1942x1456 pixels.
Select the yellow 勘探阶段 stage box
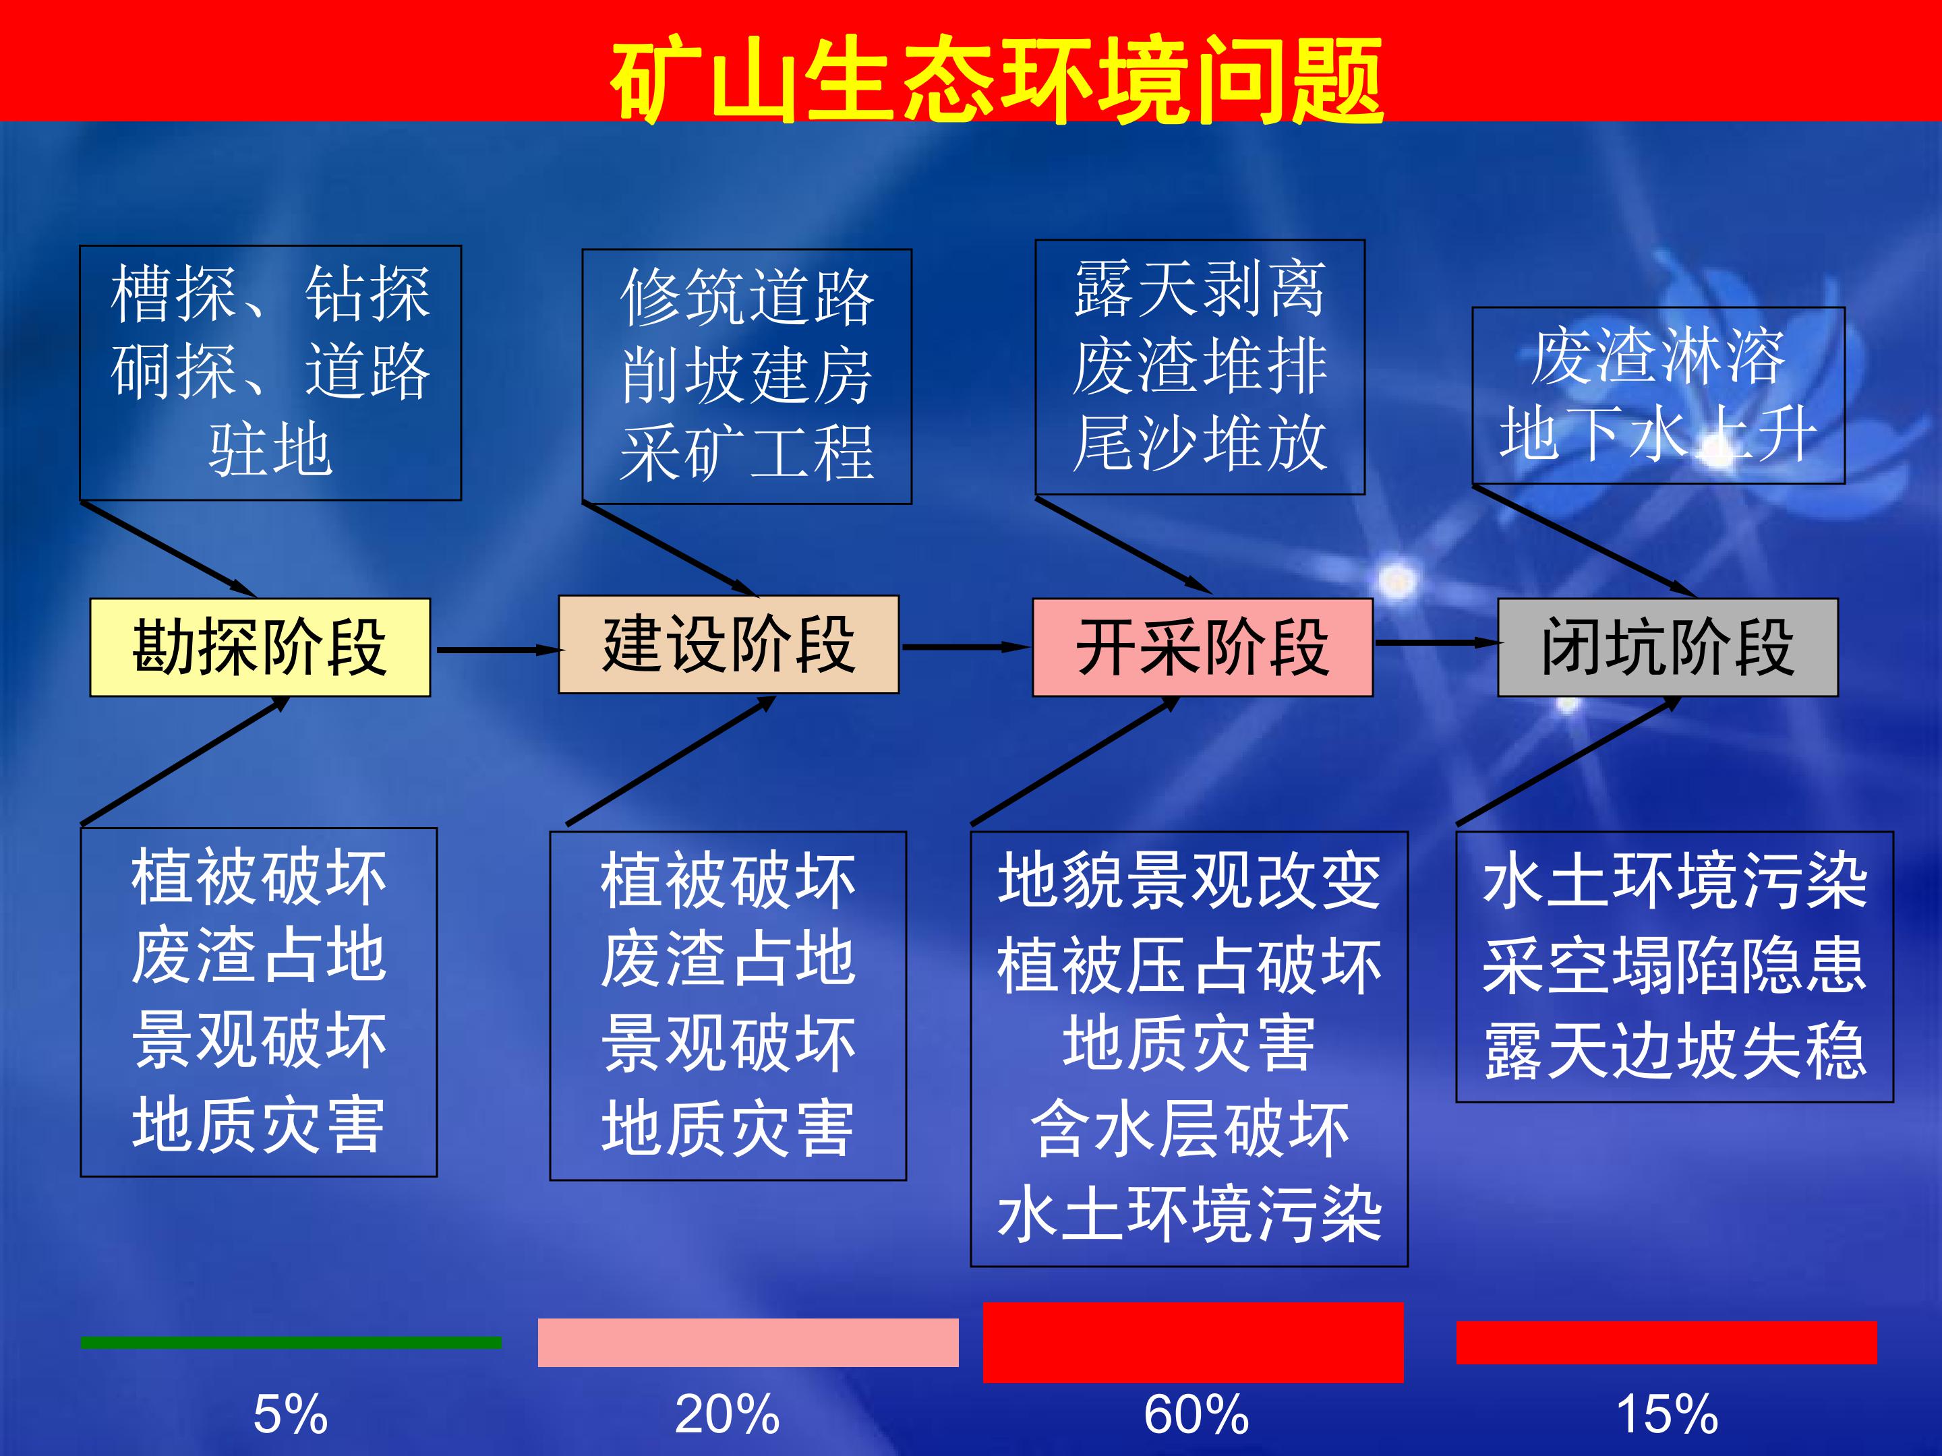click(260, 648)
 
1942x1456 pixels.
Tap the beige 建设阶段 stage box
click(729, 645)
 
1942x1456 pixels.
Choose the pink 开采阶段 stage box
click(1203, 648)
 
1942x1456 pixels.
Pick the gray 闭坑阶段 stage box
click(1668, 648)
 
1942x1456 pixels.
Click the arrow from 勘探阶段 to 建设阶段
click(499, 650)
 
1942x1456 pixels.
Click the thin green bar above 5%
click(291, 1343)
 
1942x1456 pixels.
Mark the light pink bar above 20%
click(748, 1343)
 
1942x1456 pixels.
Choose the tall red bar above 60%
click(1193, 1343)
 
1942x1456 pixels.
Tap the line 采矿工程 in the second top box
click(747, 453)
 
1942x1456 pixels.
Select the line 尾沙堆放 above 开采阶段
click(1200, 444)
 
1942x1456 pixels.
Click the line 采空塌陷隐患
click(1674, 966)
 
